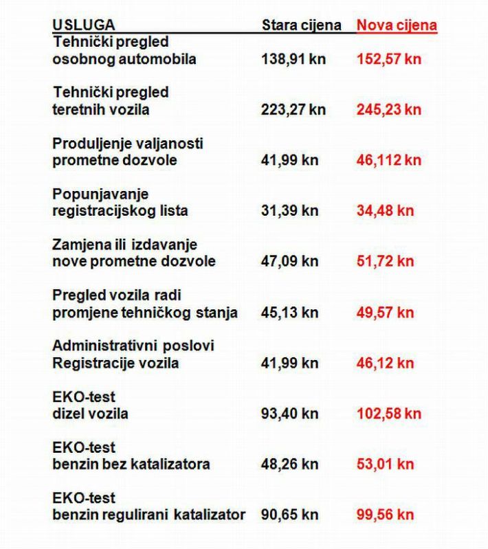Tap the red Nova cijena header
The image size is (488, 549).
(x=397, y=25)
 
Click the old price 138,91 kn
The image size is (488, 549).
(x=293, y=59)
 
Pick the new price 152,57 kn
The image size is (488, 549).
(x=388, y=59)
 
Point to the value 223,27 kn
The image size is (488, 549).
(x=293, y=109)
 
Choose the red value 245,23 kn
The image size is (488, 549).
(x=388, y=109)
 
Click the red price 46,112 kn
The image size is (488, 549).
(x=388, y=160)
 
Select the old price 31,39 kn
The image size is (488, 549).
(x=289, y=211)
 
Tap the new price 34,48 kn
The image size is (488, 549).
(x=385, y=211)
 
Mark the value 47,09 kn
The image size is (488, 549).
(x=289, y=262)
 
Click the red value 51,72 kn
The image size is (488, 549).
(x=385, y=262)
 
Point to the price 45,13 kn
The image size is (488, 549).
(x=289, y=313)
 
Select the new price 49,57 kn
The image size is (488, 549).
(x=385, y=313)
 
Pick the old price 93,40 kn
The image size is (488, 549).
(x=289, y=414)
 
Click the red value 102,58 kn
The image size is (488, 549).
(x=388, y=414)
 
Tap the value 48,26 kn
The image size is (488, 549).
(x=289, y=464)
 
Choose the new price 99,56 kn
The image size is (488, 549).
(x=385, y=515)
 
